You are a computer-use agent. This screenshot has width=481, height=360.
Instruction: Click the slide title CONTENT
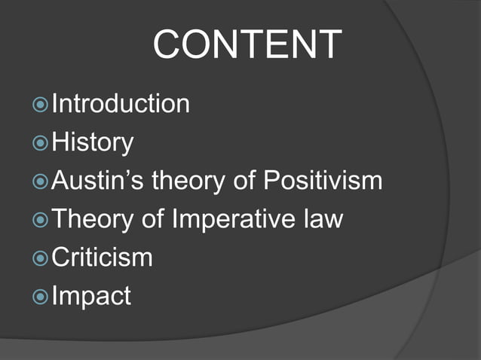pos(247,45)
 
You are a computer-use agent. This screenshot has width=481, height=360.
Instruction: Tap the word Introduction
pos(121,104)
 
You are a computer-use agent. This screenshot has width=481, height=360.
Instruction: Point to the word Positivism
pos(325,181)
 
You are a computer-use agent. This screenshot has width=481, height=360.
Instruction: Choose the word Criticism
pos(102,258)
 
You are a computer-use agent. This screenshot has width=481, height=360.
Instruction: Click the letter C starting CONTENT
pos(167,45)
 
